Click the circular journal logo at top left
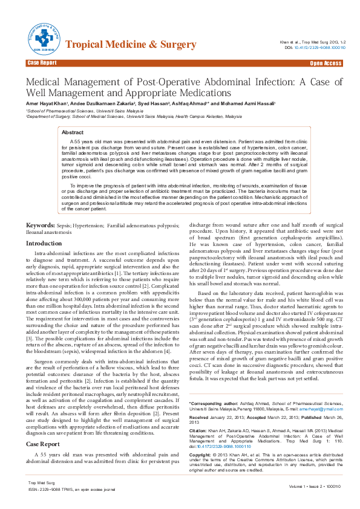(x=42, y=39)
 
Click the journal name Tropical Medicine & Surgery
(x=130, y=45)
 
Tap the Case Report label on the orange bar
(x=42, y=63)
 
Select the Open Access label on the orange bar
(x=326, y=63)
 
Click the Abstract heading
(x=73, y=131)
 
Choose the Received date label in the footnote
(x=203, y=417)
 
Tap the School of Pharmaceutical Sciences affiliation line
(x=74, y=111)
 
